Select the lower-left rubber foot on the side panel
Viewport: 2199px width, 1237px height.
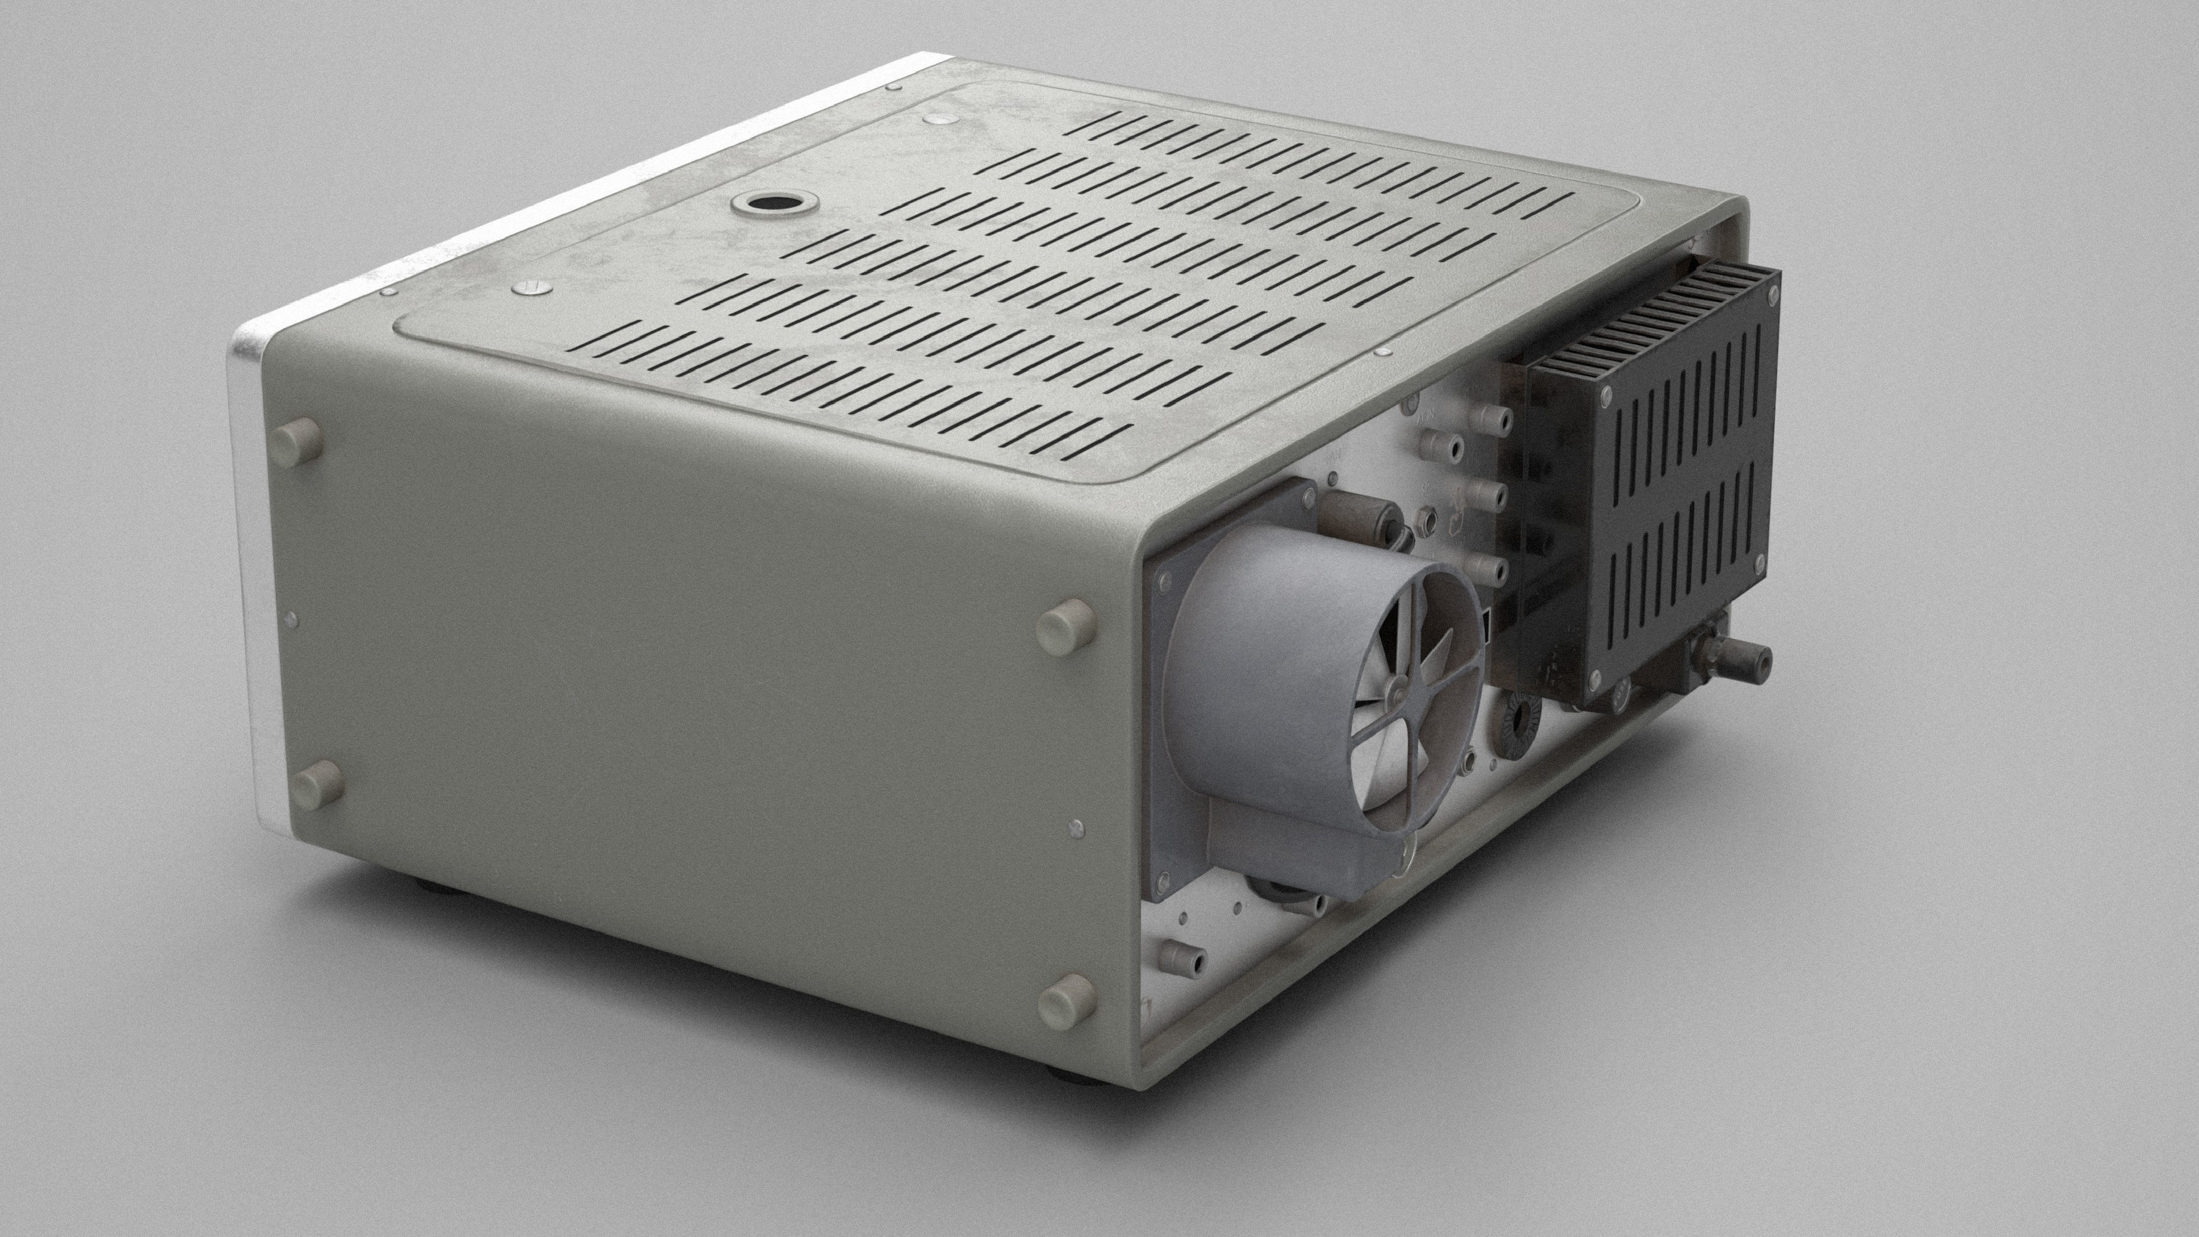(x=318, y=785)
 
